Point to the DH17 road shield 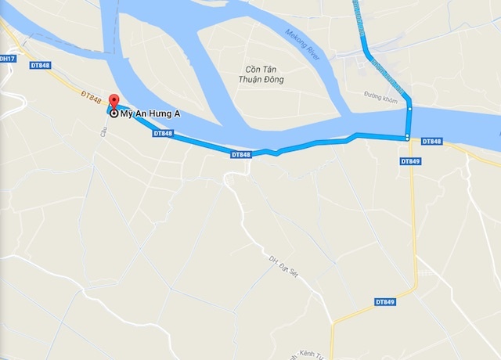(7, 59)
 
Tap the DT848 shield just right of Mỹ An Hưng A (163, 134)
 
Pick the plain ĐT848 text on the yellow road (91, 97)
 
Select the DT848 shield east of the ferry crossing (431, 142)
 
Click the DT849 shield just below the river (410, 161)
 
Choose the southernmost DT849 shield (384, 301)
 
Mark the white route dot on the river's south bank (407, 139)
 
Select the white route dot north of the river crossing (409, 110)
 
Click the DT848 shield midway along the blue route (242, 156)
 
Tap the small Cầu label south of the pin (103, 133)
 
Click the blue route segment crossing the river (408, 124)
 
